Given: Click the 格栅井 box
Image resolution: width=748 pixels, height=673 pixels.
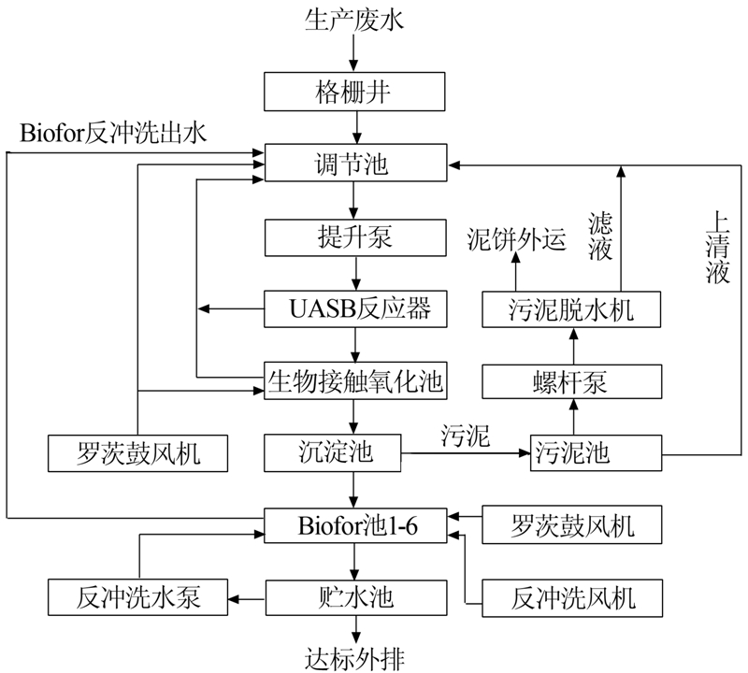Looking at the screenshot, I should [354, 93].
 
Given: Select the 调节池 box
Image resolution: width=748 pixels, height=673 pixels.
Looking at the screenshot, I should [354, 165].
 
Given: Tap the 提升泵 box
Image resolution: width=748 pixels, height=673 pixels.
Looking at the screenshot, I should [354, 237].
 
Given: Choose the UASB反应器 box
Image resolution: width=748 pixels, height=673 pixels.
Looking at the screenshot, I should [354, 308].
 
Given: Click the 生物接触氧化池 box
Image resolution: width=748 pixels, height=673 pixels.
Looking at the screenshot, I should [354, 380].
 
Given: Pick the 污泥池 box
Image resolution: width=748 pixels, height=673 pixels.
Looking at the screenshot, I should [572, 453].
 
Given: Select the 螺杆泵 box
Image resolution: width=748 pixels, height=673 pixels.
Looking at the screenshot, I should [572, 380].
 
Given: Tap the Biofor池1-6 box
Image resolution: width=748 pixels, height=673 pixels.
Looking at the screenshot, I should [354, 525].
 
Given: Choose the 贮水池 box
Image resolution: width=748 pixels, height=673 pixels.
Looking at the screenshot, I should [354, 596].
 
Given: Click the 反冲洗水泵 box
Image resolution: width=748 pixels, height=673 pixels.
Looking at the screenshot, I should [138, 596].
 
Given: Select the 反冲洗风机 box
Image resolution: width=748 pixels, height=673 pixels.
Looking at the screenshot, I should [572, 596].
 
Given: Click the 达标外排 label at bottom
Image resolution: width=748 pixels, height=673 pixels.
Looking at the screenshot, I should [354, 655].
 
